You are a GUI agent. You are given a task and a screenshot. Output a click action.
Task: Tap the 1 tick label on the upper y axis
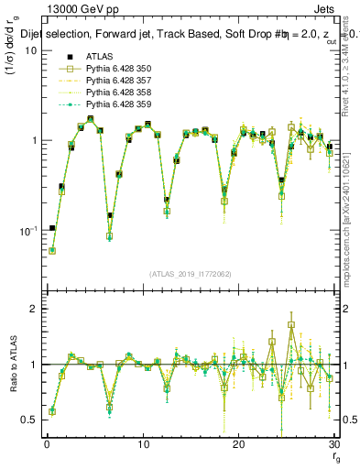[34, 140]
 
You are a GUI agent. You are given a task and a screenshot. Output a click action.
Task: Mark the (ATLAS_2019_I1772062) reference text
[191, 273]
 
